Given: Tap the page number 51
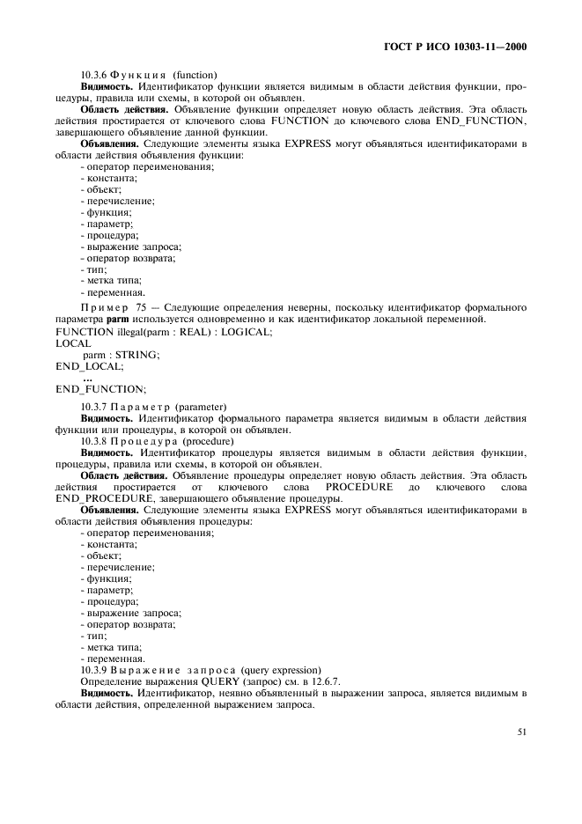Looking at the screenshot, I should tap(520, 730).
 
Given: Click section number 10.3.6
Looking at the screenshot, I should tap(95, 75).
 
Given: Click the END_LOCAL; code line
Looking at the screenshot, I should tap(90, 366).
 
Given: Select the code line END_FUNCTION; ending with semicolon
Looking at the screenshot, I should tap(101, 389).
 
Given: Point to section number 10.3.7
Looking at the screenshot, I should tap(95, 407).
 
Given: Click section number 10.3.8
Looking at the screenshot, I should tap(95, 441).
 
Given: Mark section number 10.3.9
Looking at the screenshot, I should tap(95, 670).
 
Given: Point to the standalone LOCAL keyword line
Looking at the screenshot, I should tap(72, 343).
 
